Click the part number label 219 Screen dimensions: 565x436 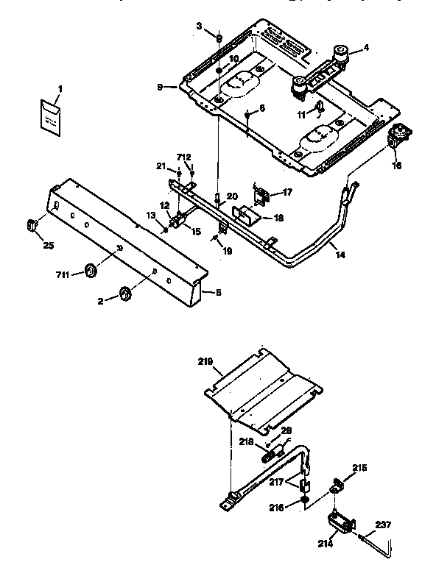pos(205,361)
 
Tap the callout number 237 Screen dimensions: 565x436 pos(382,525)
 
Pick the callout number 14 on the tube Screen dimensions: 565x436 pos(338,255)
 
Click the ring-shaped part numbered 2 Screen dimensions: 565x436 pos(124,294)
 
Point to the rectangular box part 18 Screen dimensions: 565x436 pos(245,217)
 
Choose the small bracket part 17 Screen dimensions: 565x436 pos(261,196)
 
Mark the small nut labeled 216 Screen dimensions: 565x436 pos(304,502)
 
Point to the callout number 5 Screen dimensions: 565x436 pos(210,292)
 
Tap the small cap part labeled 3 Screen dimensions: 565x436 pos(219,38)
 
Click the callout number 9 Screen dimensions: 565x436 pos(160,87)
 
